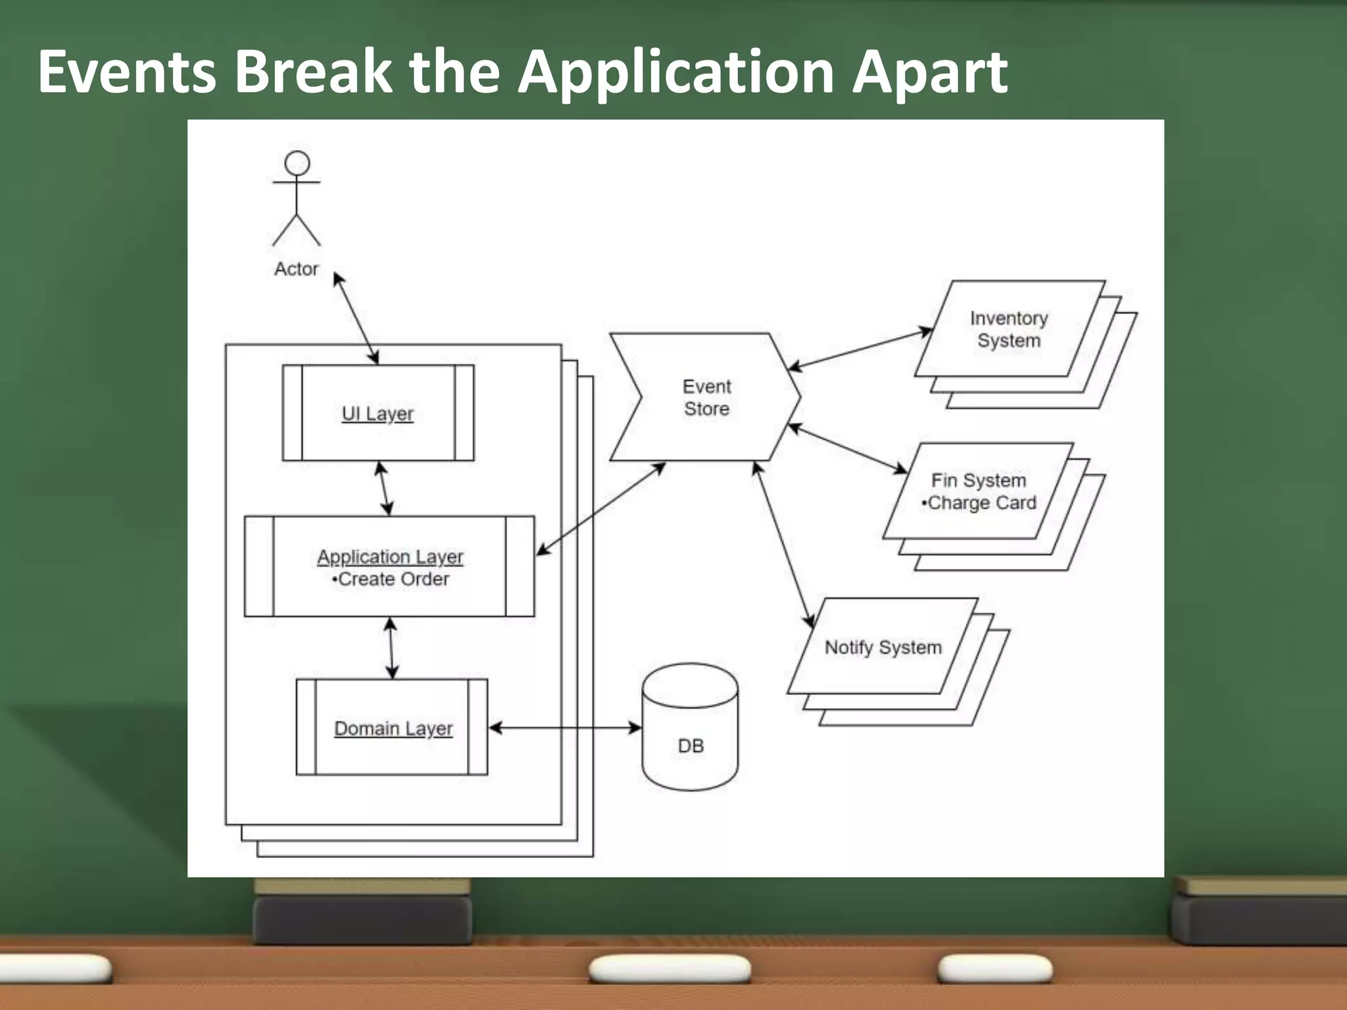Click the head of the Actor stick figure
click(297, 163)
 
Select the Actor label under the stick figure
click(296, 269)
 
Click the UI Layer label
click(378, 414)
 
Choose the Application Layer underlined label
click(390, 557)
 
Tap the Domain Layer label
click(393, 729)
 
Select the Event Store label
click(706, 397)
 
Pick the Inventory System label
click(1009, 329)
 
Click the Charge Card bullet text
click(979, 503)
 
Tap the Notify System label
click(883, 648)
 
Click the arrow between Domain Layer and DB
click(565, 727)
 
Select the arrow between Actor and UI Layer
click(356, 318)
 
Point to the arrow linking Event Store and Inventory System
click(860, 349)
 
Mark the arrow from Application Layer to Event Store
click(600, 509)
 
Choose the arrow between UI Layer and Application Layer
click(384, 489)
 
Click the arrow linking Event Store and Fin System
click(847, 448)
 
